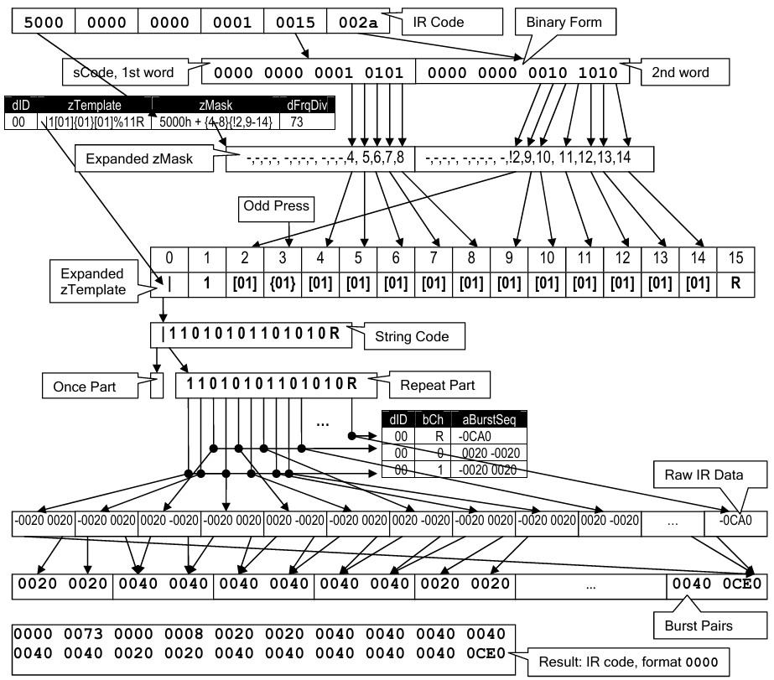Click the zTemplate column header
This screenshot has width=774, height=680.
tap(94, 106)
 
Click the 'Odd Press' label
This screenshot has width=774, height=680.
tap(276, 205)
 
